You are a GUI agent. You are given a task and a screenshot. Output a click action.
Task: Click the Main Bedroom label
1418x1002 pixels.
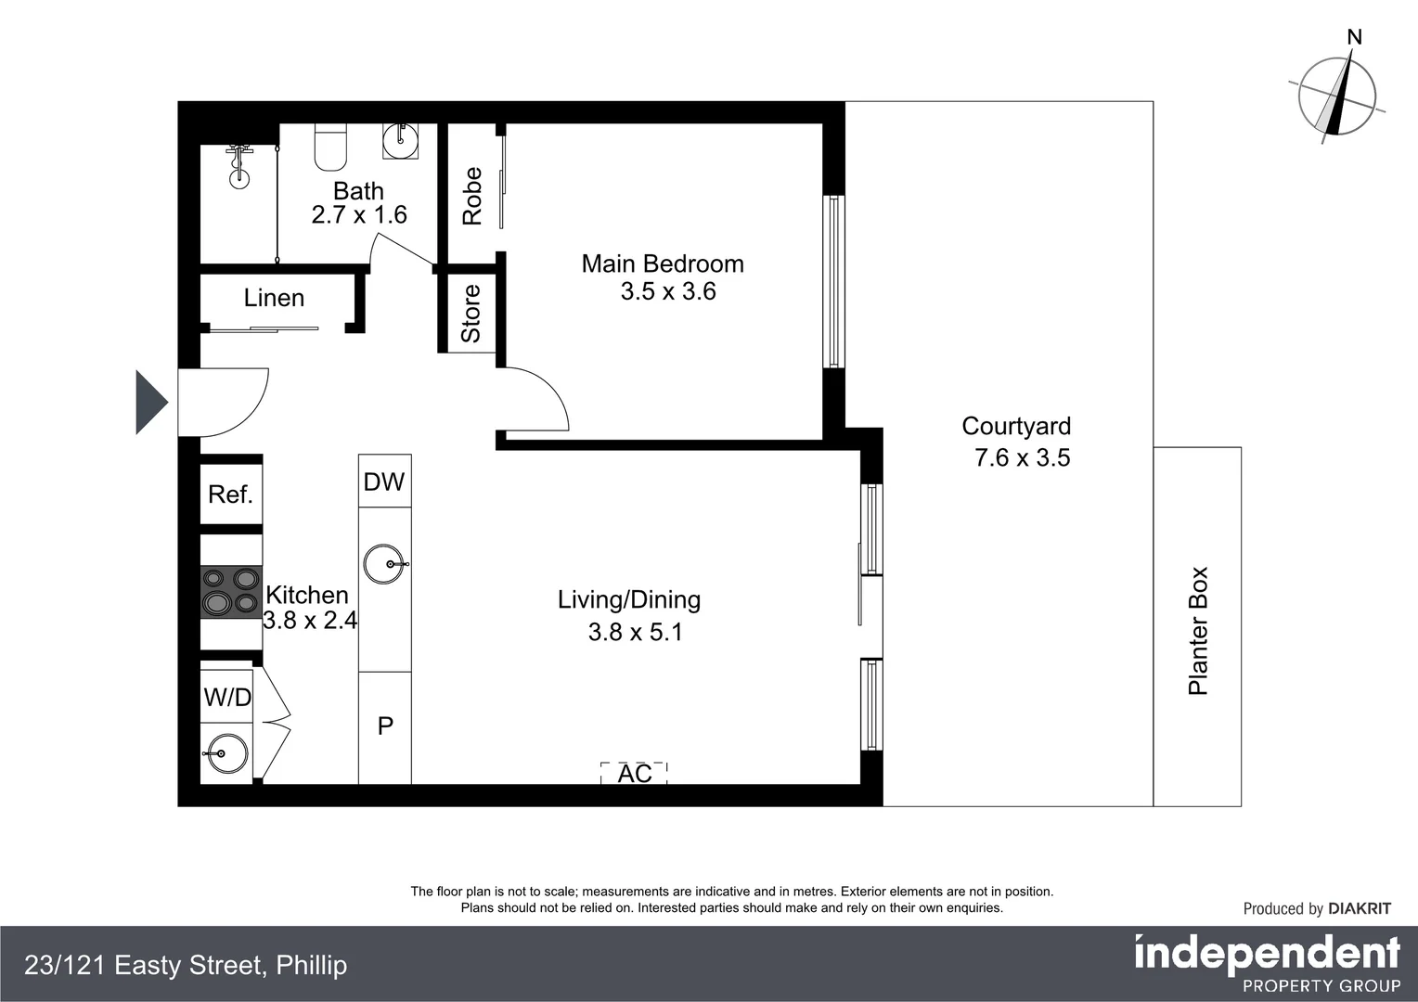tap(663, 264)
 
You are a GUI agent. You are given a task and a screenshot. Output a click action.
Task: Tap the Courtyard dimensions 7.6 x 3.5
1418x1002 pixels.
tap(1022, 457)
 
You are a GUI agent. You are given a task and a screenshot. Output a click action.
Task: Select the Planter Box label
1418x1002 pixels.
tap(1198, 631)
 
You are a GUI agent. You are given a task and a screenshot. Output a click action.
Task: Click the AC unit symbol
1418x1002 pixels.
tap(635, 773)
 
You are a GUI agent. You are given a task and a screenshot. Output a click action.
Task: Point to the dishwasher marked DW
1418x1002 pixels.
tap(384, 482)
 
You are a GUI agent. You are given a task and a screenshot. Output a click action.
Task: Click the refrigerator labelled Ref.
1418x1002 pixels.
tap(231, 495)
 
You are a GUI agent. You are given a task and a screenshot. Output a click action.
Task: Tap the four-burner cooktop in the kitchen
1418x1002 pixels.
tap(231, 592)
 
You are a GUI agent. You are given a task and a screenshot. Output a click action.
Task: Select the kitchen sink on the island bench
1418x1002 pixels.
tap(384, 564)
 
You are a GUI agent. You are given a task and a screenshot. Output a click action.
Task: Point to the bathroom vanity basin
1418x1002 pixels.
tap(401, 141)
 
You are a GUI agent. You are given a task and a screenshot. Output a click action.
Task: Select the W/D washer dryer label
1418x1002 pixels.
tap(227, 697)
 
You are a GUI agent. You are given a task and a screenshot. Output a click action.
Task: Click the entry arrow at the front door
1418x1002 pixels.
tap(150, 403)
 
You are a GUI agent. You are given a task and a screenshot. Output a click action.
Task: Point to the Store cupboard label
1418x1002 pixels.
tap(471, 314)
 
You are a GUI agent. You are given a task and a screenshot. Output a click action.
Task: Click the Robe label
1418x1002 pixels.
tap(472, 196)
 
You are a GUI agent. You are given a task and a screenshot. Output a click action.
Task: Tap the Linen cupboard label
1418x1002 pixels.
tap(274, 298)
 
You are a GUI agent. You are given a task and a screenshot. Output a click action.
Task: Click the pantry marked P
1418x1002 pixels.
tap(385, 726)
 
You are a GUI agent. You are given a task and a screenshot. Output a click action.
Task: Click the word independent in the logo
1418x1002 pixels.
tap(1267, 953)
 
